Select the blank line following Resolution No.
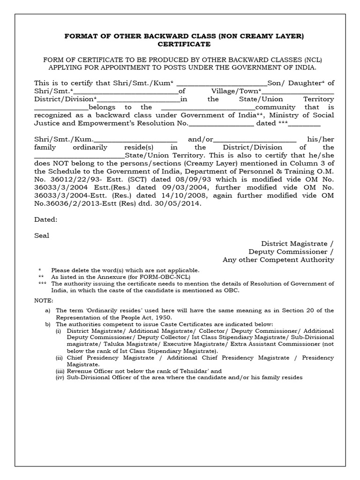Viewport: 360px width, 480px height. tap(221, 124)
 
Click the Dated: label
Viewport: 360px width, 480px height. tap(45, 219)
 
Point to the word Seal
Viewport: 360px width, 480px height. tap(42, 235)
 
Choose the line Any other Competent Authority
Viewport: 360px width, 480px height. tap(278, 259)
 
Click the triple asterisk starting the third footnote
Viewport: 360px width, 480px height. tap(42, 284)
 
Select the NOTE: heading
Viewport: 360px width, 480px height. tap(44, 300)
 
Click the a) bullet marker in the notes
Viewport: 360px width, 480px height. tap(47, 310)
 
